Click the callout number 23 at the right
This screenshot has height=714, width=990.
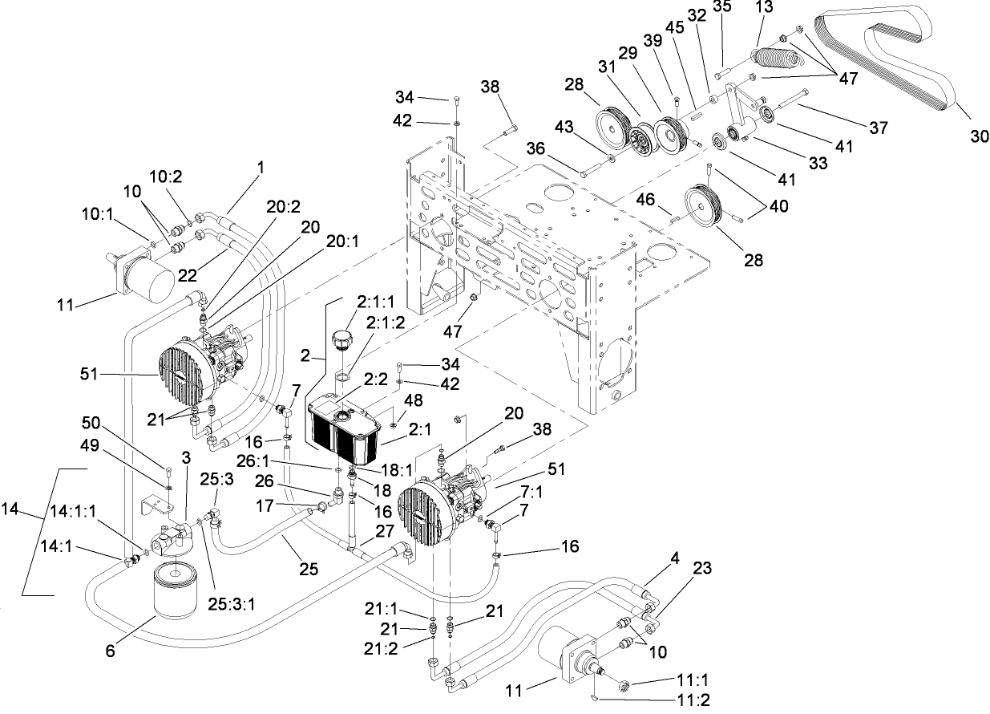pyautogui.click(x=702, y=568)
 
